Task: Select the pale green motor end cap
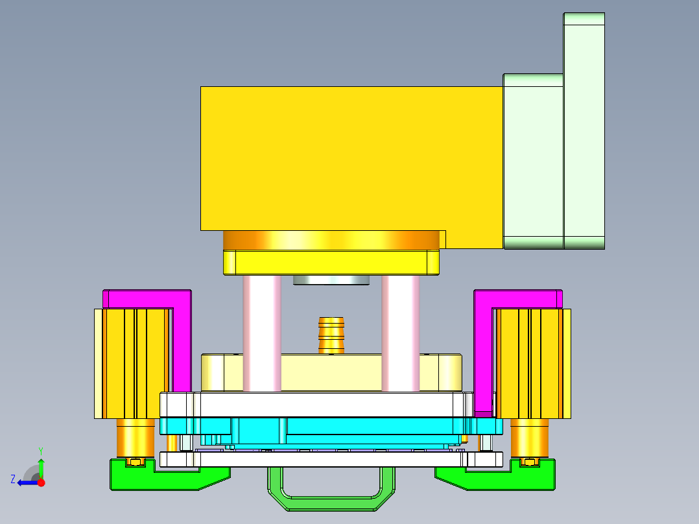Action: pos(584,130)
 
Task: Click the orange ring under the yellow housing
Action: pos(331,241)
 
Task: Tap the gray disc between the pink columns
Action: pos(331,280)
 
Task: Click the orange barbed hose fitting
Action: pos(331,334)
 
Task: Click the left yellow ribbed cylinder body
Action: pos(136,363)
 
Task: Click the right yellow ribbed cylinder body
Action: pos(528,363)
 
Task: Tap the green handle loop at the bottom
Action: pos(331,502)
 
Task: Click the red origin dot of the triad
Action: pos(41,482)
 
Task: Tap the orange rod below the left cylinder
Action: pos(135,438)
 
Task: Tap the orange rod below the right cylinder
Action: pos(529,438)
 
